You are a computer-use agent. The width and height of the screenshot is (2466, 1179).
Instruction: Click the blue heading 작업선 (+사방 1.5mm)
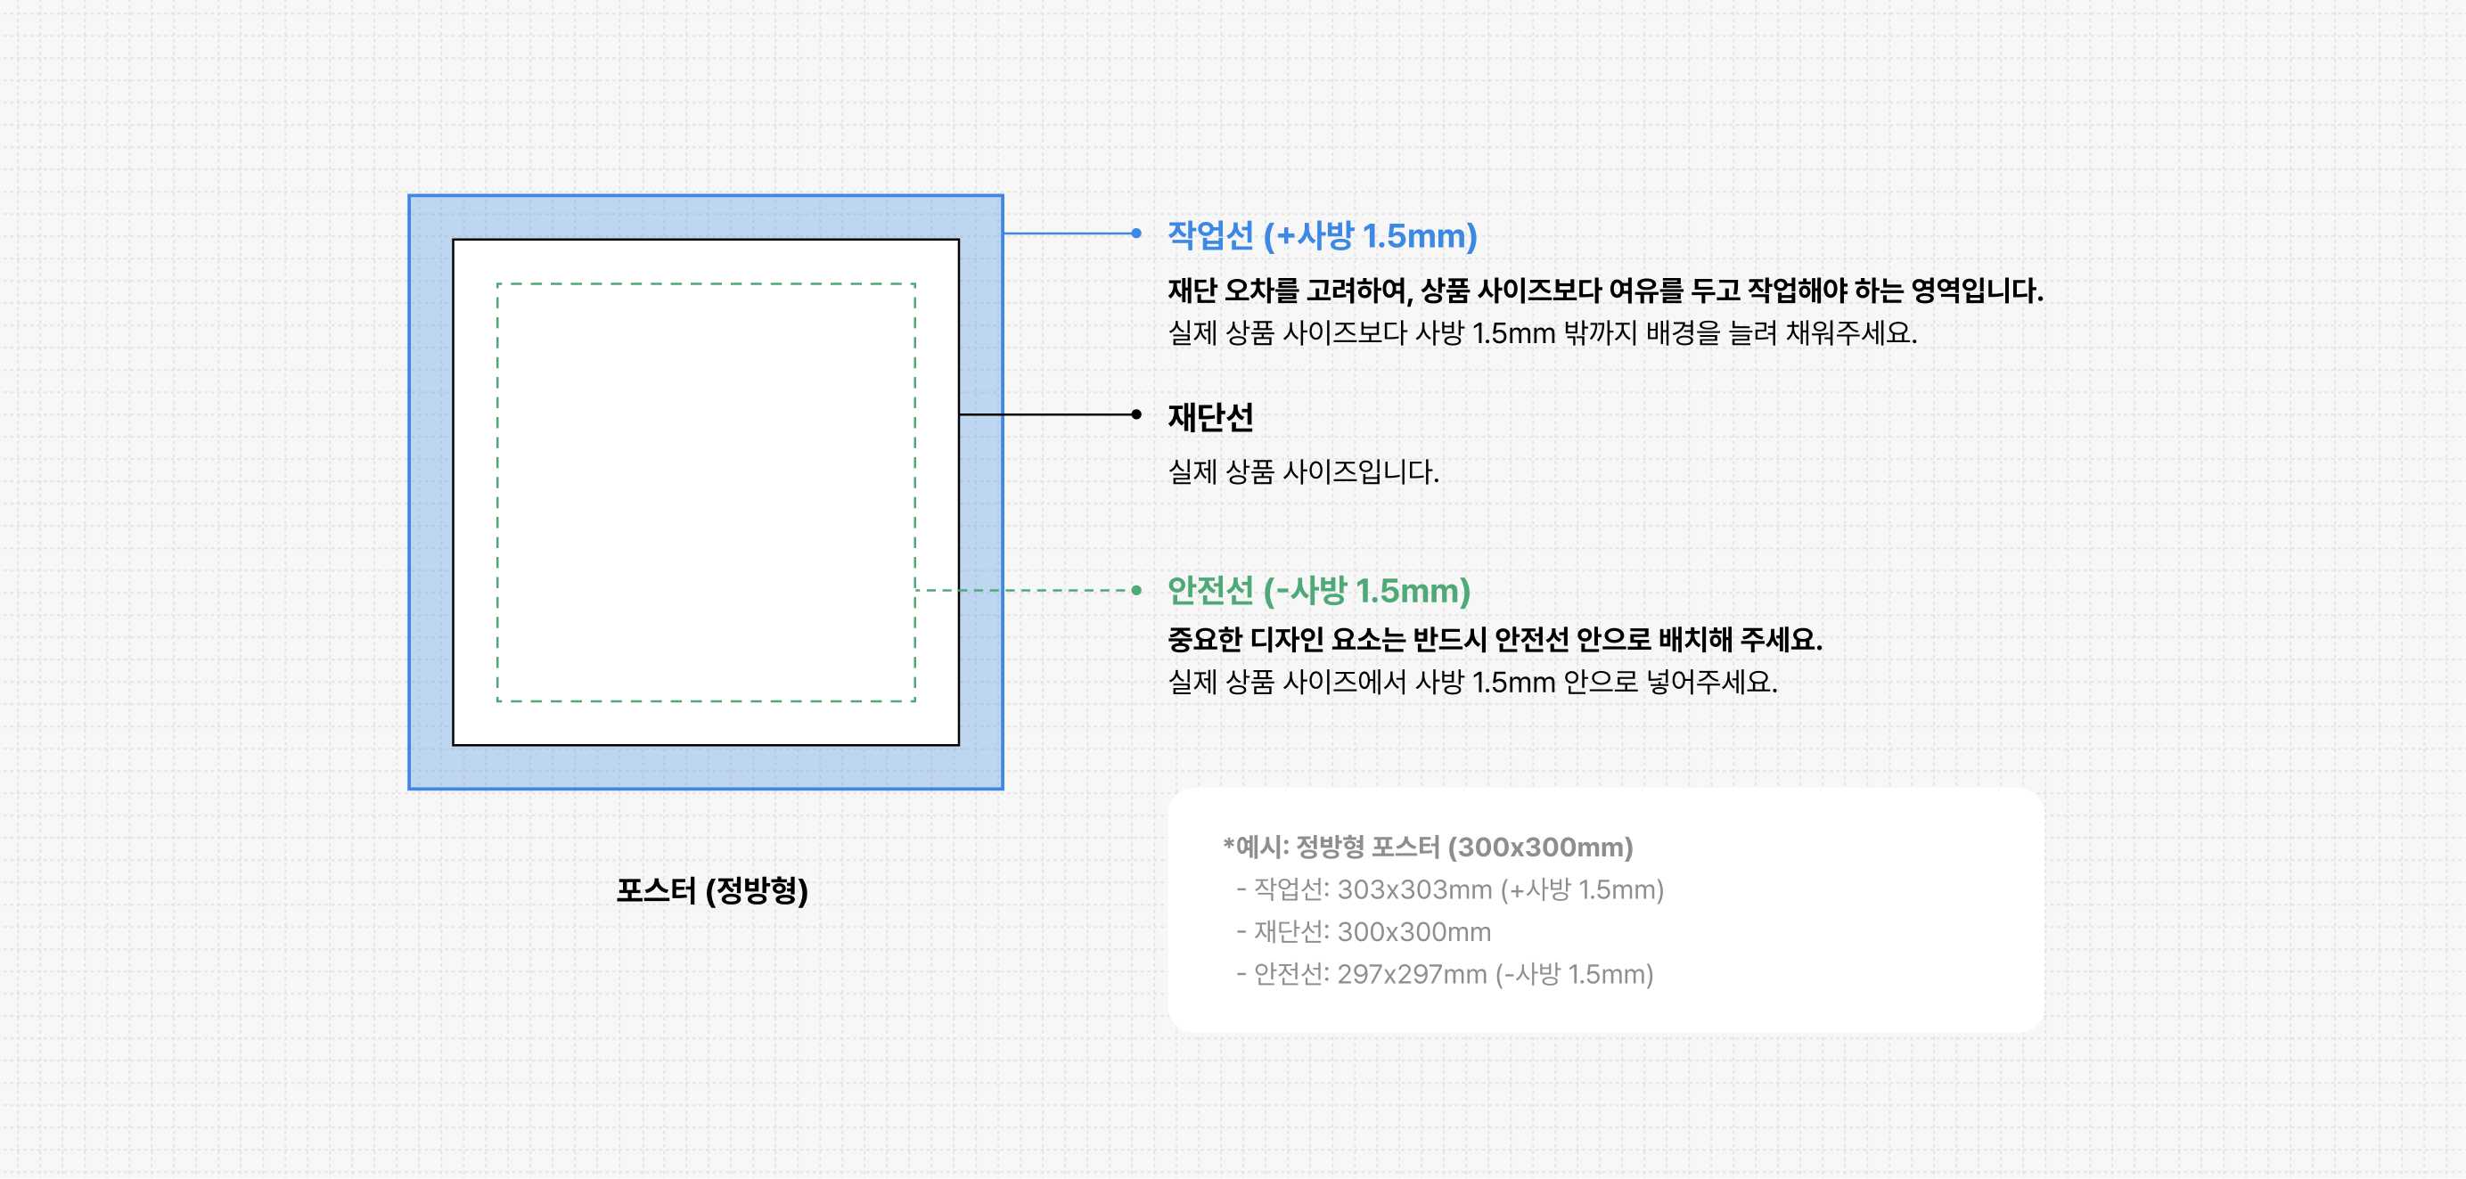(x=1321, y=235)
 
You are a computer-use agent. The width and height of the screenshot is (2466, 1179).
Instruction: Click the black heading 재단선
(x=1210, y=416)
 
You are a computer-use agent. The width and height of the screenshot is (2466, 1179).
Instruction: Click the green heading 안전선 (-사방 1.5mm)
(x=1318, y=591)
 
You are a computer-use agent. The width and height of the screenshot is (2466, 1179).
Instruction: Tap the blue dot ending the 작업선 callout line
(x=1136, y=233)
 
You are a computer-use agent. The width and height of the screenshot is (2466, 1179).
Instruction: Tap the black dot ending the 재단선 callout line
(x=1136, y=414)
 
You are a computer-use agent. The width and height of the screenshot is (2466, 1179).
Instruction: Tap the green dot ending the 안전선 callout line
(x=1136, y=591)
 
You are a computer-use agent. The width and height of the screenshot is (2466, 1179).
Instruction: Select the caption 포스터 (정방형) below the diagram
(x=712, y=891)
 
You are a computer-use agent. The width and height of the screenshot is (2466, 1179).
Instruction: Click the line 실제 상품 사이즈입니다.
(x=1303, y=471)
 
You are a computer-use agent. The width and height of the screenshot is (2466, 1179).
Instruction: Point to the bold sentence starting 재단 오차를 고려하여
(x=1604, y=290)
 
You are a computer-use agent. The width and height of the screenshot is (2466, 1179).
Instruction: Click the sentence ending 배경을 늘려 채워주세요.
(x=1541, y=333)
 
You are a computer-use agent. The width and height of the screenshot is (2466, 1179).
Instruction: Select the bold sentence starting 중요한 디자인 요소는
(x=1495, y=639)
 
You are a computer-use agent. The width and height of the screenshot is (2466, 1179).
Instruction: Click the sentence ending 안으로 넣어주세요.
(x=1472, y=683)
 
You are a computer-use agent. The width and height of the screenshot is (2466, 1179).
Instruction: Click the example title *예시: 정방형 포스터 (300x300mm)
(x=1428, y=847)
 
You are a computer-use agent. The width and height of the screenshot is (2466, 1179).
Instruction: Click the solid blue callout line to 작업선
(x=1068, y=233)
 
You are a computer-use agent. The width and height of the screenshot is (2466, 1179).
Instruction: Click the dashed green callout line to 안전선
(x=1024, y=591)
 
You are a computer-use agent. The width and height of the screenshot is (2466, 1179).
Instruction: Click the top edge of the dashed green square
(x=706, y=283)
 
